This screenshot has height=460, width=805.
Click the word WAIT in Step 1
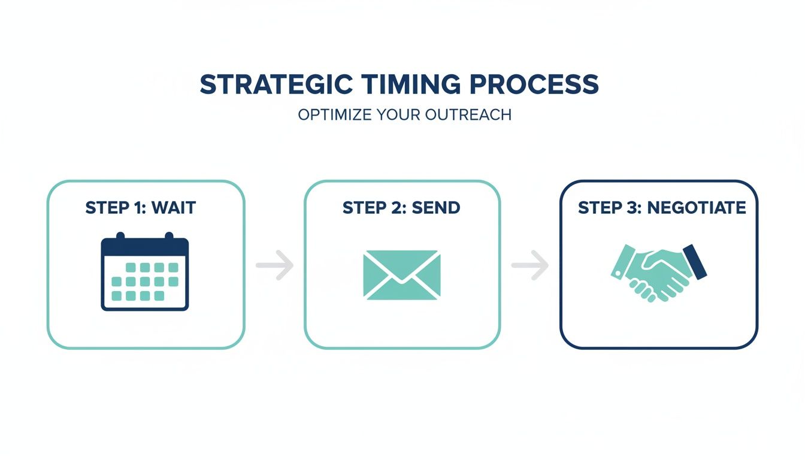pos(173,208)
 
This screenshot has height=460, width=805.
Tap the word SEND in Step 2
pos(440,208)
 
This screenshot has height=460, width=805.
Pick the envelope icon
pos(401,274)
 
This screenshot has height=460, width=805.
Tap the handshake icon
pos(658,271)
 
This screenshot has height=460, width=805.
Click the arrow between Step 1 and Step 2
pos(275,264)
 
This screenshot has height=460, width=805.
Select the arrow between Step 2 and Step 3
pos(530,264)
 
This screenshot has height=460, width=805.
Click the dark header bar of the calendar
pos(145,247)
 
